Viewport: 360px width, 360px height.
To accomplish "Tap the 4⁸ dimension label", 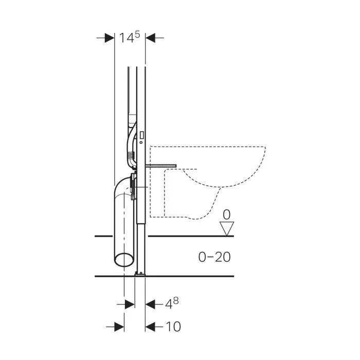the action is [172, 303].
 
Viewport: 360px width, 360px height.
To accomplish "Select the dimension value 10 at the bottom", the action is [173, 327].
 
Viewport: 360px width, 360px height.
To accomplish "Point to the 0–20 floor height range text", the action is [214, 257].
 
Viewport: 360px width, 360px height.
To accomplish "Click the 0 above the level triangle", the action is [227, 214].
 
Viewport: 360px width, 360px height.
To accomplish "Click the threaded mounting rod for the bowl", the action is [160, 166].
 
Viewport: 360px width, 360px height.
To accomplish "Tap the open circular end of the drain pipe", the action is [124, 260].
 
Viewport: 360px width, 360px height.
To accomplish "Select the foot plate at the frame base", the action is [140, 274].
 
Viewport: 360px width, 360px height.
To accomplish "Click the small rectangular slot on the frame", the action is [142, 135].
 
